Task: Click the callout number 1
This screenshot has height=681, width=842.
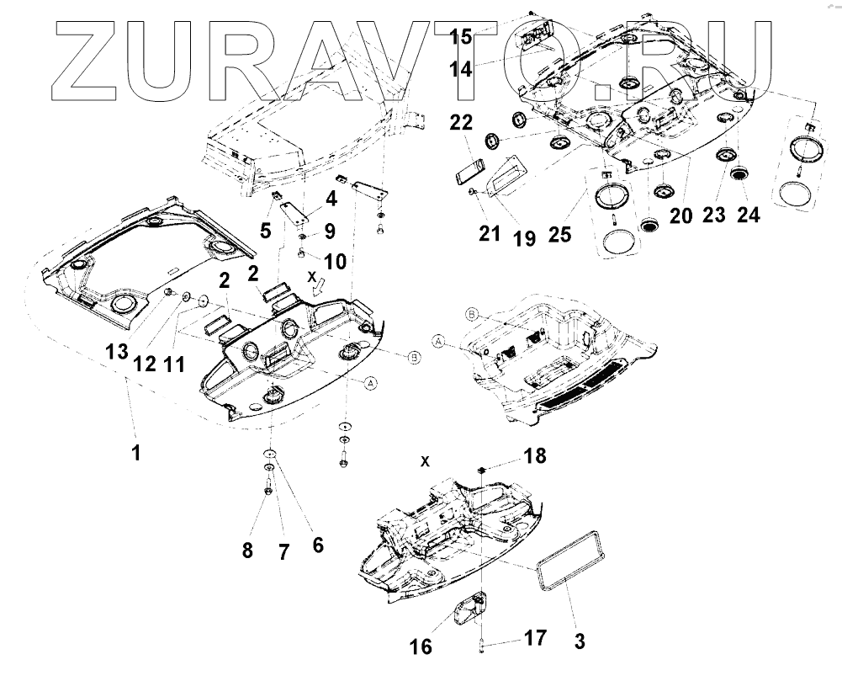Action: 135,453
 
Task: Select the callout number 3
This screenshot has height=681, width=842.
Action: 580,641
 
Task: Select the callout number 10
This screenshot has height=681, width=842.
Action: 334,261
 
